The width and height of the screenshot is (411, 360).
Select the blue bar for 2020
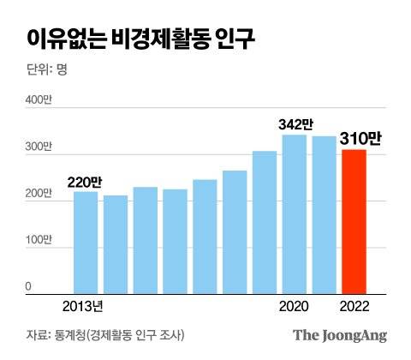point(295,214)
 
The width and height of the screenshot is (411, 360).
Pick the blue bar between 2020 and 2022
point(325,215)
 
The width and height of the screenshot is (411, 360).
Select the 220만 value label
point(85,181)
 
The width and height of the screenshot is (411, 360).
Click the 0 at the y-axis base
point(28,286)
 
